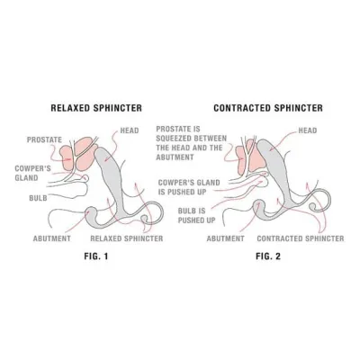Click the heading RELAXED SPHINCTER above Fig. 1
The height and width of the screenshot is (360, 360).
[x=96, y=108]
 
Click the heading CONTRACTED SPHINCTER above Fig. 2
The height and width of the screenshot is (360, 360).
[x=268, y=108]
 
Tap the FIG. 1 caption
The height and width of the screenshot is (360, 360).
[x=96, y=256]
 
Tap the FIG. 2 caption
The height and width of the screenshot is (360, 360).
[x=268, y=256]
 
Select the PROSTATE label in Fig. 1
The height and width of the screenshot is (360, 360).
[x=44, y=139]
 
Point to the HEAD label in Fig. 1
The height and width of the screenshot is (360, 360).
[x=130, y=130]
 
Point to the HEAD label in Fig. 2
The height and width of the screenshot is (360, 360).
[x=308, y=130]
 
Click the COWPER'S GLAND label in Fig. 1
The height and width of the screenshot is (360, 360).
[x=33, y=173]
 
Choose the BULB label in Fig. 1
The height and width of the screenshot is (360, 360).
[x=38, y=198]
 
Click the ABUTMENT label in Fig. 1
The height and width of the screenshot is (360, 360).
[x=52, y=238]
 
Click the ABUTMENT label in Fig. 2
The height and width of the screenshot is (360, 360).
[x=226, y=238]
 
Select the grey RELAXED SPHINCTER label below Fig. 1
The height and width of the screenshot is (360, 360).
[x=127, y=238]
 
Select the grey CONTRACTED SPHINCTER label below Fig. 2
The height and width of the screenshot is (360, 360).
[x=301, y=238]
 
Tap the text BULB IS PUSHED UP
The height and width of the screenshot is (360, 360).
[x=197, y=215]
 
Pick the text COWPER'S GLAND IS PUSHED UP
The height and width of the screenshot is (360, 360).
[x=189, y=187]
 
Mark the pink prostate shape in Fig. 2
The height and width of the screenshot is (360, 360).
[x=249, y=157]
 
